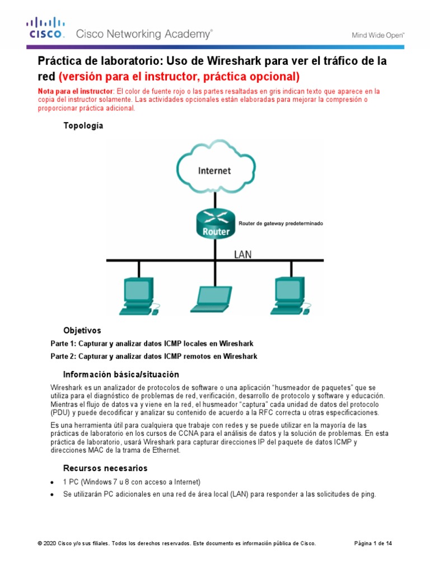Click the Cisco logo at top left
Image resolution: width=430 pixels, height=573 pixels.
tap(46, 29)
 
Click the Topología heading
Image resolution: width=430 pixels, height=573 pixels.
tap(83, 126)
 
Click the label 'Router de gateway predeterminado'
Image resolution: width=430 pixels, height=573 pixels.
tap(281, 223)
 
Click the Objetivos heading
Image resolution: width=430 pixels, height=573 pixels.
tap(82, 330)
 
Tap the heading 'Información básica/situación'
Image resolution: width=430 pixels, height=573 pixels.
tap(121, 374)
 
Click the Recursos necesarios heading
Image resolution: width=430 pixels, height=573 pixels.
tap(105, 468)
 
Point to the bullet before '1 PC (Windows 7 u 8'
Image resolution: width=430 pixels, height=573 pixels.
tap(52, 482)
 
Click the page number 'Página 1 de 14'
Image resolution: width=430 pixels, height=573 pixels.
tap(373, 543)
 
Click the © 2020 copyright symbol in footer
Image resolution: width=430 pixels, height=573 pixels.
tap(40, 543)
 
